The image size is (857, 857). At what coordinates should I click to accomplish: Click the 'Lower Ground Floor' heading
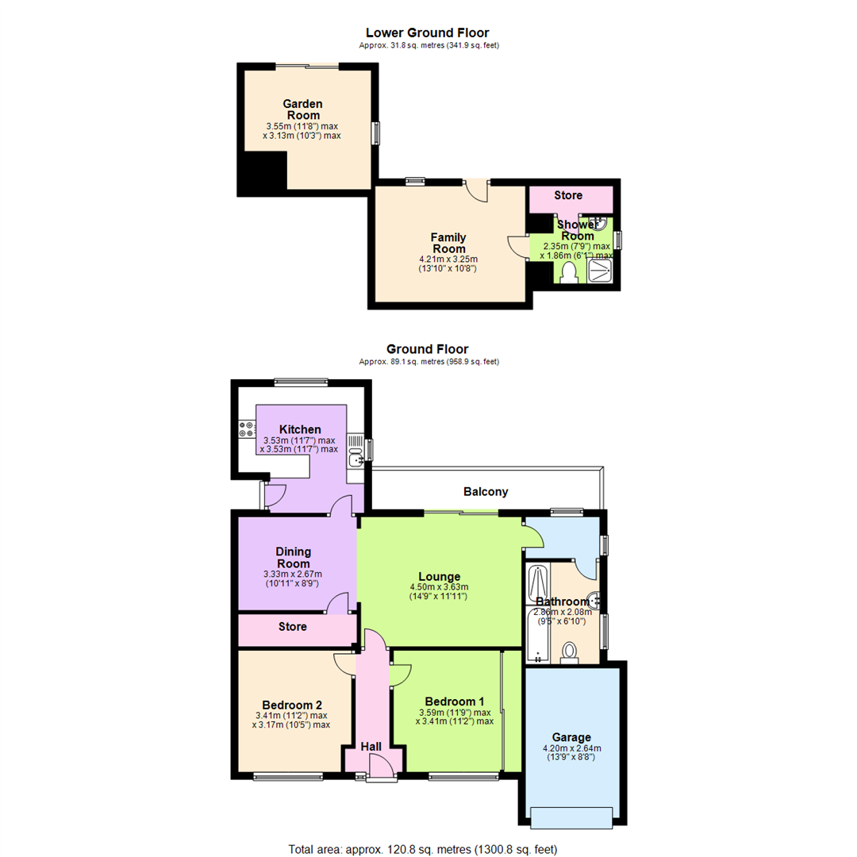pyautogui.click(x=427, y=33)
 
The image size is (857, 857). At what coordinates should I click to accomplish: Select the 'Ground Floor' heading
pyautogui.click(x=427, y=348)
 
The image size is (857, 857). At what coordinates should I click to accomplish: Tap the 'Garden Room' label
pyautogui.click(x=302, y=110)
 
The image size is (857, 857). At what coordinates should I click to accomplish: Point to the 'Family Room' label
pyautogui.click(x=448, y=243)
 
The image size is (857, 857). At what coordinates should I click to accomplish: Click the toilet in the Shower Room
pyautogui.click(x=567, y=272)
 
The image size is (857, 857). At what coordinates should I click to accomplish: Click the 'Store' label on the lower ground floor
pyautogui.click(x=568, y=195)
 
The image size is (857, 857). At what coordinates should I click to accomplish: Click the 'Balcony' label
pyautogui.click(x=486, y=492)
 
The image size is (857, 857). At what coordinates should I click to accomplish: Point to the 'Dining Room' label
pyautogui.click(x=293, y=557)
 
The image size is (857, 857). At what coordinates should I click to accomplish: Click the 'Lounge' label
pyautogui.click(x=439, y=576)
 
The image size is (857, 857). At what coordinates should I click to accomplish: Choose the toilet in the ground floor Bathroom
pyautogui.click(x=569, y=652)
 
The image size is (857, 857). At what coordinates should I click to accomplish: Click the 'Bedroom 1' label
pyautogui.click(x=454, y=701)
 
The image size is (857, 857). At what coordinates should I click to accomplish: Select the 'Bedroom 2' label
pyautogui.click(x=291, y=705)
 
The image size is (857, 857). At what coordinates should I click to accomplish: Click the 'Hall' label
pyautogui.click(x=371, y=747)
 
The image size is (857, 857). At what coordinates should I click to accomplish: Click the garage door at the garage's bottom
pyautogui.click(x=571, y=817)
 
